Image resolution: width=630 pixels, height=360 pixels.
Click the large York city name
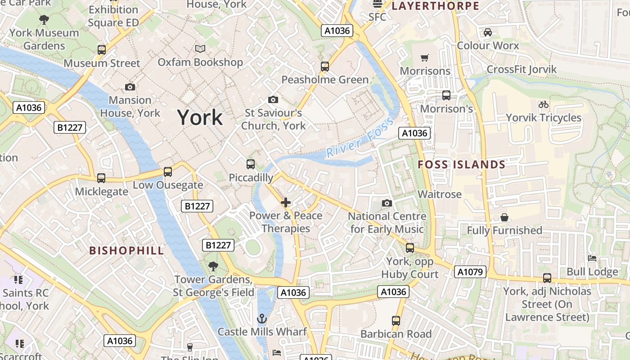point(200,117)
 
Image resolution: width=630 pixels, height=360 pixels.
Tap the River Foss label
point(360,137)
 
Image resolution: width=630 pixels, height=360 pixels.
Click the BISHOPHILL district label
point(126,251)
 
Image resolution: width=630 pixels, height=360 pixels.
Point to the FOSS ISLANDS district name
point(462,165)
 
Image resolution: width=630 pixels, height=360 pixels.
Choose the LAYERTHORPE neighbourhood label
point(435,6)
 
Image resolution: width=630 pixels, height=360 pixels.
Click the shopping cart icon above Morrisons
point(424,58)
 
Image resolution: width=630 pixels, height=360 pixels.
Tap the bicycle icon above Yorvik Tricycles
point(544,104)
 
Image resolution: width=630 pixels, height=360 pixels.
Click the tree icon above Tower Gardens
point(213,266)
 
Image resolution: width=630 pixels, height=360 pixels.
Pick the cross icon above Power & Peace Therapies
point(286,202)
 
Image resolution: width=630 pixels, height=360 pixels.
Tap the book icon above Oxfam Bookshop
point(200,49)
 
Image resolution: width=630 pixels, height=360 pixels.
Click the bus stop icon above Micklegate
point(101,178)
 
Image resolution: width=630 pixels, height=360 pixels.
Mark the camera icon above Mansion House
point(130,87)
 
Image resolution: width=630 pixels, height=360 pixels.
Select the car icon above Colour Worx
point(487,32)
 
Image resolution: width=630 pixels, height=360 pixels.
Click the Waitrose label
point(440,194)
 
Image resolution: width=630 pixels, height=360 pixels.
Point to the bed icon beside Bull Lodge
point(592,258)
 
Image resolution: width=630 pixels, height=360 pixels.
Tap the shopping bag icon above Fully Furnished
point(504,217)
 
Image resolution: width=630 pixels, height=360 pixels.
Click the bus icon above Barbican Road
point(396,321)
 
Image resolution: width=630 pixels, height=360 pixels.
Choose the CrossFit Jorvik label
point(522,70)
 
